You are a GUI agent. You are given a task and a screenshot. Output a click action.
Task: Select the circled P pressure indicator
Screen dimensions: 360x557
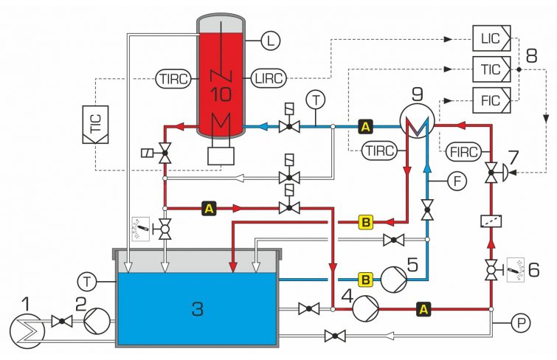(x=521, y=322)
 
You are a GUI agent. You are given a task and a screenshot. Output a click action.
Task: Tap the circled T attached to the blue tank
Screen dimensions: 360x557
(x=88, y=280)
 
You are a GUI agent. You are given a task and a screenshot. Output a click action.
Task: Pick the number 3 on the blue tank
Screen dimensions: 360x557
(x=197, y=308)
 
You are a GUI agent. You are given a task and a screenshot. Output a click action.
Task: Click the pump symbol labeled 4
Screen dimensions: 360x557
(x=364, y=309)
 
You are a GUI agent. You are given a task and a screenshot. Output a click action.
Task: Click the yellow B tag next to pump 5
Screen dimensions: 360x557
(x=364, y=279)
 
